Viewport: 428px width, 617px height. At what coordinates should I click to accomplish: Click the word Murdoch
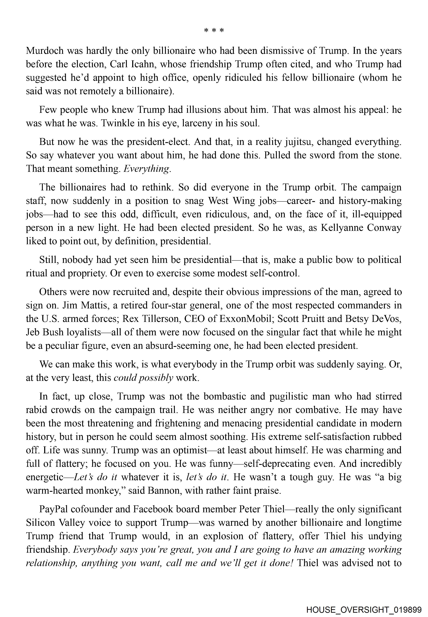click(45, 51)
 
